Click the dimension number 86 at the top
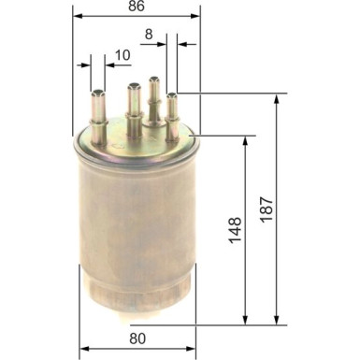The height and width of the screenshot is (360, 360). pyautogui.click(x=137, y=7)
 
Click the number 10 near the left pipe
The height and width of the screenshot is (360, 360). pyautogui.click(x=122, y=55)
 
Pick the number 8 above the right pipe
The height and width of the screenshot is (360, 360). pyautogui.click(x=147, y=36)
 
